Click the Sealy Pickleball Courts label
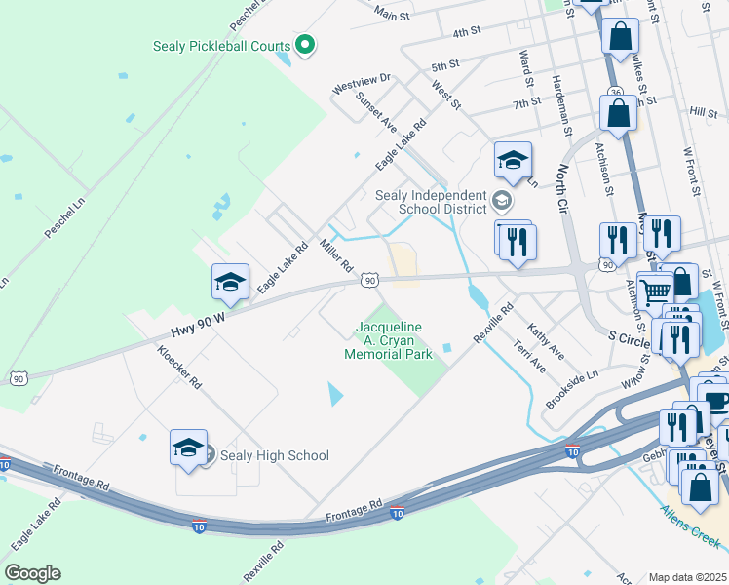[222, 46]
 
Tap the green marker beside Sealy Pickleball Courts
[305, 44]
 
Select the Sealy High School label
[274, 455]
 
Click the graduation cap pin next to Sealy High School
[188, 448]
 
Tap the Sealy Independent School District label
[431, 202]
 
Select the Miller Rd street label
[335, 255]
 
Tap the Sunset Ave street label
[375, 111]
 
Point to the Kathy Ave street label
[546, 341]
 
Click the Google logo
[32, 573]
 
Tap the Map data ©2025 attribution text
[687, 577]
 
